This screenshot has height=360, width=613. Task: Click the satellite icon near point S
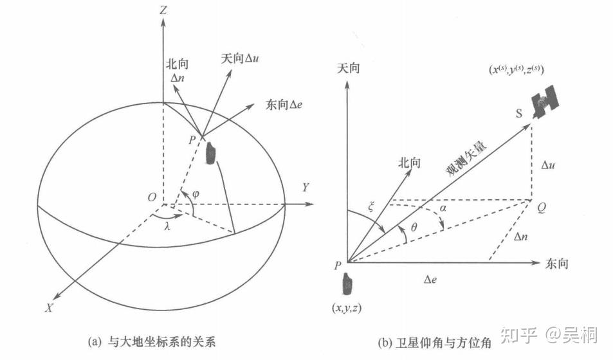545,99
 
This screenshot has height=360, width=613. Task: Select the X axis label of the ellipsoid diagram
48,307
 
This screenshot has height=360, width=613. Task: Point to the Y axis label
306,187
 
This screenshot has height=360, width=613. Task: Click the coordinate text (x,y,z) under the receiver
347,307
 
